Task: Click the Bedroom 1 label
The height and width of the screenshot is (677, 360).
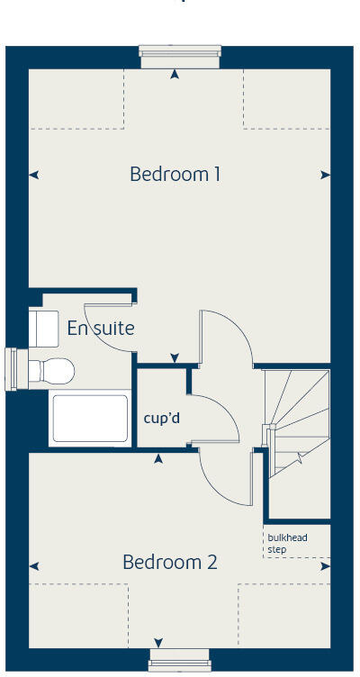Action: point(175,174)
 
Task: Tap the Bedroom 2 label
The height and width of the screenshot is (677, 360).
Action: point(170,563)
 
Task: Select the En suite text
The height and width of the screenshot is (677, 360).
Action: point(101,329)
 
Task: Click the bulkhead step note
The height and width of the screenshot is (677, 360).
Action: point(287,543)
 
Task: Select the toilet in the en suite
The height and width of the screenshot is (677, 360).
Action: point(52,369)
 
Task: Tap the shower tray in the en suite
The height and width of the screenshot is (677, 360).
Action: point(90,418)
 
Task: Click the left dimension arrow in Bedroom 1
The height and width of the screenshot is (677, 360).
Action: point(34,176)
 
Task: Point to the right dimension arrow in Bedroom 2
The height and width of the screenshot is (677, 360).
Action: point(325,566)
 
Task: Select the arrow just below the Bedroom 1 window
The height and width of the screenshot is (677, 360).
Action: point(175,74)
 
